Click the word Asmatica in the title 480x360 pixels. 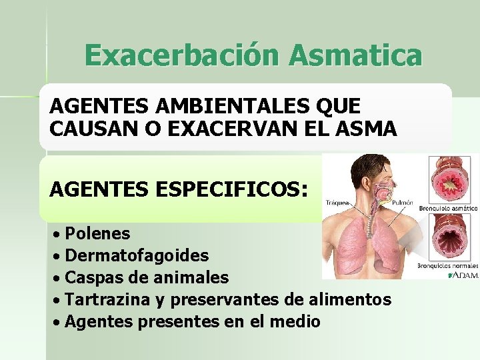click(x=355, y=55)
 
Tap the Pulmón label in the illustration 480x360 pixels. click(x=403, y=203)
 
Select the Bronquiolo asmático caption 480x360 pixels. click(x=448, y=208)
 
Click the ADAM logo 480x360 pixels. click(x=464, y=275)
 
